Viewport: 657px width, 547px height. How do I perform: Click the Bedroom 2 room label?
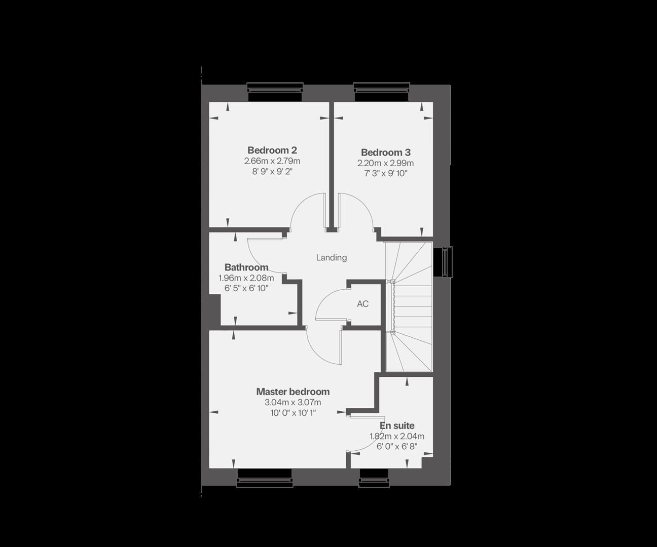272,150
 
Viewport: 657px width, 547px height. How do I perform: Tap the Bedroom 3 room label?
385,152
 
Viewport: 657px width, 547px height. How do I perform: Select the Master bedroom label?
293,392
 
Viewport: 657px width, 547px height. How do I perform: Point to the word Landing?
331,257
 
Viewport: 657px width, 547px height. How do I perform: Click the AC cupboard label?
362,304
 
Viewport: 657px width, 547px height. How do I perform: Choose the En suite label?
397,425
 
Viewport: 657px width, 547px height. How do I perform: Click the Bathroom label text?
246,267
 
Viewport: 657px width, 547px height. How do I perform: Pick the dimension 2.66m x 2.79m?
272,161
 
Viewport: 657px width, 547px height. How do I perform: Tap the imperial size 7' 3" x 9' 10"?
385,174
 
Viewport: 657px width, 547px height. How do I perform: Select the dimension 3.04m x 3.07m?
293,403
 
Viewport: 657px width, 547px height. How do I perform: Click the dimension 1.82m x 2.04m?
397,436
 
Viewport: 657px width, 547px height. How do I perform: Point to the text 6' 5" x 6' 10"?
246,288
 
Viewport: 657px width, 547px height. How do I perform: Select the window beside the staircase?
446,262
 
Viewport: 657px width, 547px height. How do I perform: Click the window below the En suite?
375,479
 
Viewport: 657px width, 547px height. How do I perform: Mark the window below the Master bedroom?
265,479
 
